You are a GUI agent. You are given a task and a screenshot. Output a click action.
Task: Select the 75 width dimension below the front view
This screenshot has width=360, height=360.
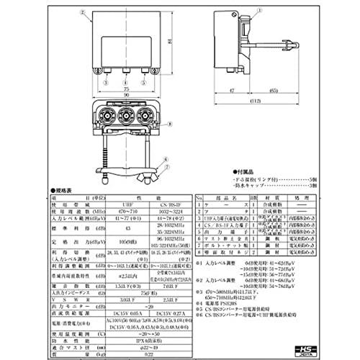127,84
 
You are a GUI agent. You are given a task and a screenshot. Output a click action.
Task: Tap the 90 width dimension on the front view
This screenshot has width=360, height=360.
127,94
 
